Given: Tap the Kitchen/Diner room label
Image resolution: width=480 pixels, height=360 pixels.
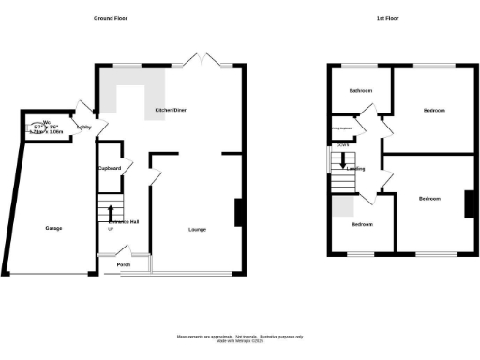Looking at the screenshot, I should (x=171, y=111).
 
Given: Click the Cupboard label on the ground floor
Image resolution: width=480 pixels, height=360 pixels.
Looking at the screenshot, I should (x=110, y=168).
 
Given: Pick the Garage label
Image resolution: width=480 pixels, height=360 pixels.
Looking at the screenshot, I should (x=53, y=228).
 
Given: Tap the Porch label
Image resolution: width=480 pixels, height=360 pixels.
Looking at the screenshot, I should (x=124, y=263).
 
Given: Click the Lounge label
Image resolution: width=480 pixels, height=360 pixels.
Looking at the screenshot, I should (x=198, y=229).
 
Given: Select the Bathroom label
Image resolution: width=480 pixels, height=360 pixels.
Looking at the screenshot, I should (x=361, y=91).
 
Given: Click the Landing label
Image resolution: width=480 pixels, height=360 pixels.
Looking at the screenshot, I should (x=355, y=169).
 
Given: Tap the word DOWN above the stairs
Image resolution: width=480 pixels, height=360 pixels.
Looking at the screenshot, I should (x=343, y=145).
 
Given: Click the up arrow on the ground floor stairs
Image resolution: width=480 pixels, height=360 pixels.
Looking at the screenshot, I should (x=112, y=211).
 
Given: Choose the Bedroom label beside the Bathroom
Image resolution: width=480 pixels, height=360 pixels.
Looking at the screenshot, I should (x=433, y=111).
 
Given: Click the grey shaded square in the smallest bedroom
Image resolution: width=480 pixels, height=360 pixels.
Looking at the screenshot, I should (x=342, y=206).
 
